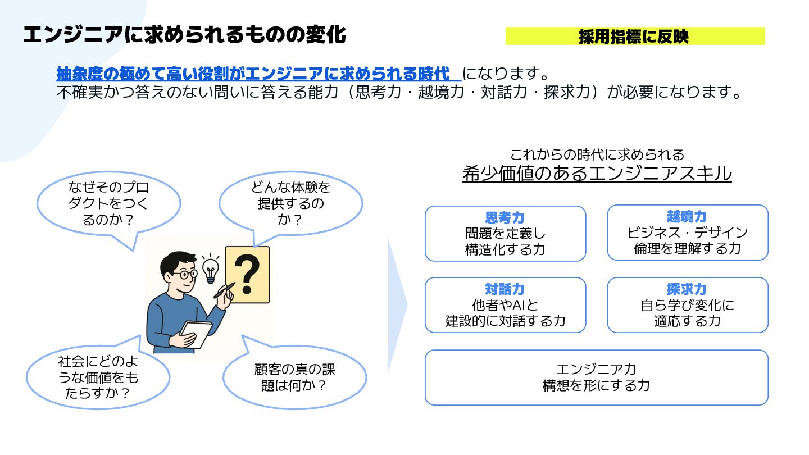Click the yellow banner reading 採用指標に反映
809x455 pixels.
[635, 37]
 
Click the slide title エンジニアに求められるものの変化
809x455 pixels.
[184, 35]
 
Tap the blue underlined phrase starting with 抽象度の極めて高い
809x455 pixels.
[254, 74]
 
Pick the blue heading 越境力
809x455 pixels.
[687, 217]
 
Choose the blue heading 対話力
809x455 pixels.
[505, 290]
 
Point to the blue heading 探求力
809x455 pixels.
[687, 290]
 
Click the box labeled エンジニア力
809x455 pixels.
[596, 377]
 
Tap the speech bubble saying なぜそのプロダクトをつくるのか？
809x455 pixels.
[108, 203]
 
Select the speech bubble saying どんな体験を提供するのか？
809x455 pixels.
[290, 203]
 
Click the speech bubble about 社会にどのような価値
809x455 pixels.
[98, 377]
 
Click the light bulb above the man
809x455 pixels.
[211, 270]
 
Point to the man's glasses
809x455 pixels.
[184, 275]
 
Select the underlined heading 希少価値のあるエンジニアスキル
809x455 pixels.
[597, 174]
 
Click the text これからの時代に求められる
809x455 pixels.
[597, 154]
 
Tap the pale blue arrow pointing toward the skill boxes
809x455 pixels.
[397, 305]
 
